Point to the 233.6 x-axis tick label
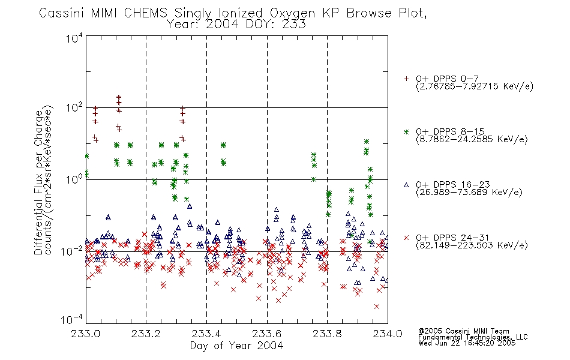pyautogui.click(x=266, y=334)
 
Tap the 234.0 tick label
pyautogui.click(x=388, y=334)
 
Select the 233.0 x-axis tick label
pyautogui.click(x=85, y=334)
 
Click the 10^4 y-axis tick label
pyautogui.click(x=74, y=38)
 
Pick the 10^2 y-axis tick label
pyautogui.click(x=74, y=108)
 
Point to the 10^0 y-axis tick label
pyautogui.click(x=74, y=179)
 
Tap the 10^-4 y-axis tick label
pyautogui.click(x=72, y=320)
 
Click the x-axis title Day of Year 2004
pyautogui.click(x=236, y=346)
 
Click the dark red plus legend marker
pyautogui.click(x=406, y=79)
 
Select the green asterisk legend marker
pyautogui.click(x=406, y=132)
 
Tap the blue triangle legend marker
pyautogui.click(x=406, y=185)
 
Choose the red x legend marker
pyautogui.click(x=406, y=238)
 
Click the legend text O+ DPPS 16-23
pyautogui.click(x=452, y=184)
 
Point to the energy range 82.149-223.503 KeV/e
pyautogui.click(x=472, y=245)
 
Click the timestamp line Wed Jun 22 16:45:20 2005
pyautogui.click(x=467, y=343)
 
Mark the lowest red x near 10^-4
pyautogui.click(x=377, y=307)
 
